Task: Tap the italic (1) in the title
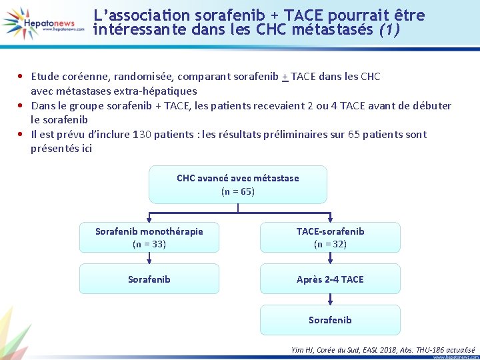click(388, 31)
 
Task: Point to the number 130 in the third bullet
click(141, 134)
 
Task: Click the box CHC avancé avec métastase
click(238, 185)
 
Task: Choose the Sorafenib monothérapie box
click(149, 237)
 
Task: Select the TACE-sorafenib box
click(330, 237)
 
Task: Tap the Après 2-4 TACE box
click(330, 279)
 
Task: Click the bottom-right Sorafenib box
click(330, 320)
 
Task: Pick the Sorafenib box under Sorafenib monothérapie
click(149, 279)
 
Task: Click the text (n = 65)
click(238, 192)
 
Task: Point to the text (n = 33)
click(149, 244)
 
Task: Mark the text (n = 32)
click(330, 244)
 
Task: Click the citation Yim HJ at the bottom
click(304, 349)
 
